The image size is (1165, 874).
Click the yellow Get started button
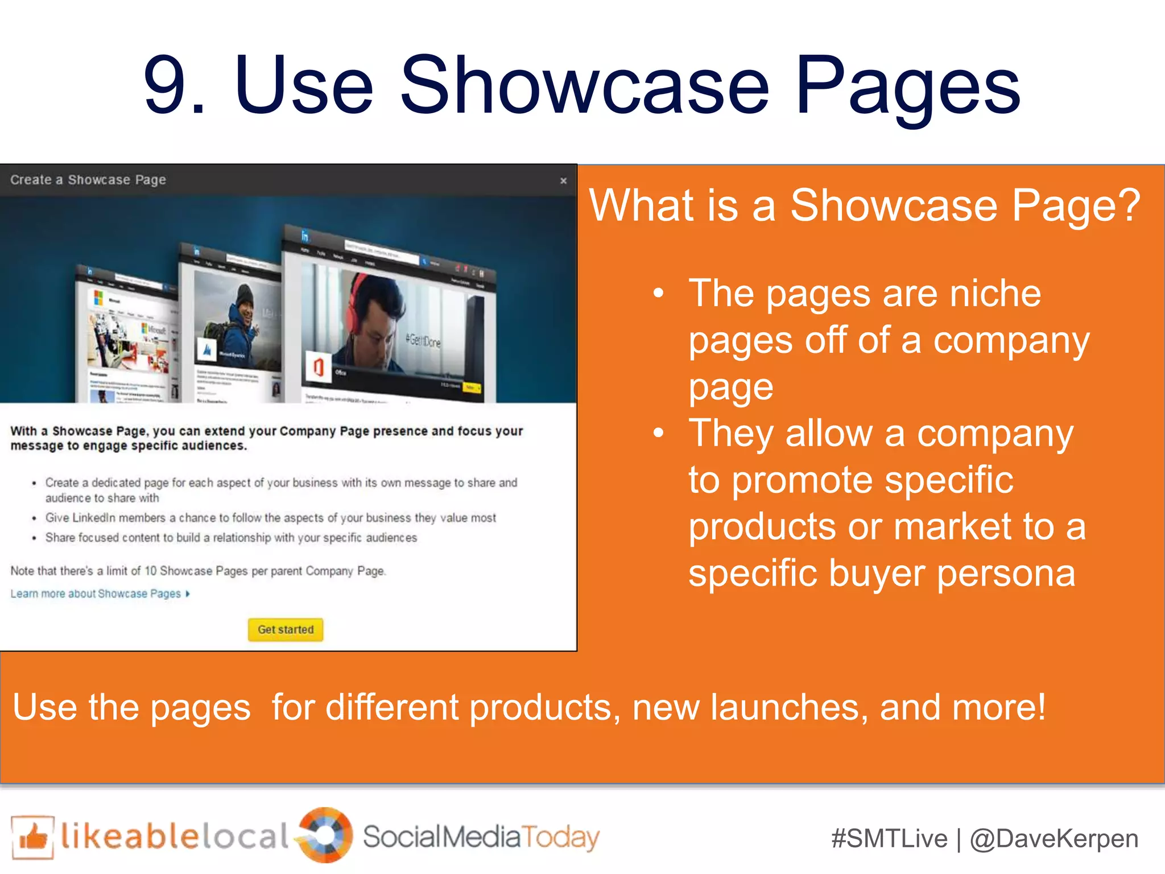coord(286,629)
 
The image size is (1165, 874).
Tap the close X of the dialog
coord(563,181)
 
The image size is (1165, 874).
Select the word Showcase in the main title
coord(585,85)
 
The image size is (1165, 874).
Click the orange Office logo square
coord(319,367)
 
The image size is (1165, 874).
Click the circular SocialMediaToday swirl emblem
coord(326,835)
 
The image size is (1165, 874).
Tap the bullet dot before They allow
coord(658,433)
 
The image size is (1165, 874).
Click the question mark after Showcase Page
coord(1129,205)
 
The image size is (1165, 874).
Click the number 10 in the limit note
coord(150,571)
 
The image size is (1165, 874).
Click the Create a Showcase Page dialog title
coord(88,180)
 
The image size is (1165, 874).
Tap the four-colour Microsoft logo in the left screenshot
coord(98,298)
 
